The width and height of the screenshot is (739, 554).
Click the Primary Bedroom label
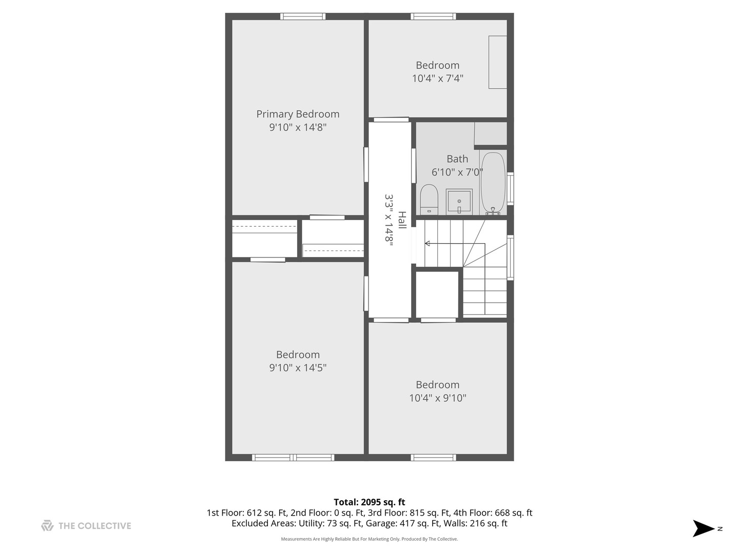click(x=298, y=114)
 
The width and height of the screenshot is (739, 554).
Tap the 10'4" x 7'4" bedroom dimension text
click(x=437, y=78)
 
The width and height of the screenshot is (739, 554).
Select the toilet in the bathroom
click(x=429, y=200)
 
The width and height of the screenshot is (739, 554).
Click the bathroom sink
click(x=459, y=202)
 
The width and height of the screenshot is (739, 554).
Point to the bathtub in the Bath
click(x=493, y=183)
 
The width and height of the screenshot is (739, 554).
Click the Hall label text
click(x=402, y=220)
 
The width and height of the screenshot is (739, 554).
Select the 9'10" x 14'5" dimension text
click(x=298, y=368)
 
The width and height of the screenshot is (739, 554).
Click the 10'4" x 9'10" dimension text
click(x=437, y=398)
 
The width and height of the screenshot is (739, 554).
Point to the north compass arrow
click(x=703, y=528)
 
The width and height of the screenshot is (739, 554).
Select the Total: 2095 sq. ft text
click(x=369, y=502)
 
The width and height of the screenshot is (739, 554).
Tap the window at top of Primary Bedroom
click(x=302, y=16)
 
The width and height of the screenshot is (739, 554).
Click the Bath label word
click(x=457, y=159)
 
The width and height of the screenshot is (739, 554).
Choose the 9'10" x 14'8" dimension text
click(x=298, y=127)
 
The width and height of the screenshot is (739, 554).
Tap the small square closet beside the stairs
click(x=437, y=294)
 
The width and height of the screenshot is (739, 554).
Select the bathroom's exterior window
click(x=510, y=189)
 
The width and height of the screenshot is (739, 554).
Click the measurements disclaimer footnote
click(x=369, y=539)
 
